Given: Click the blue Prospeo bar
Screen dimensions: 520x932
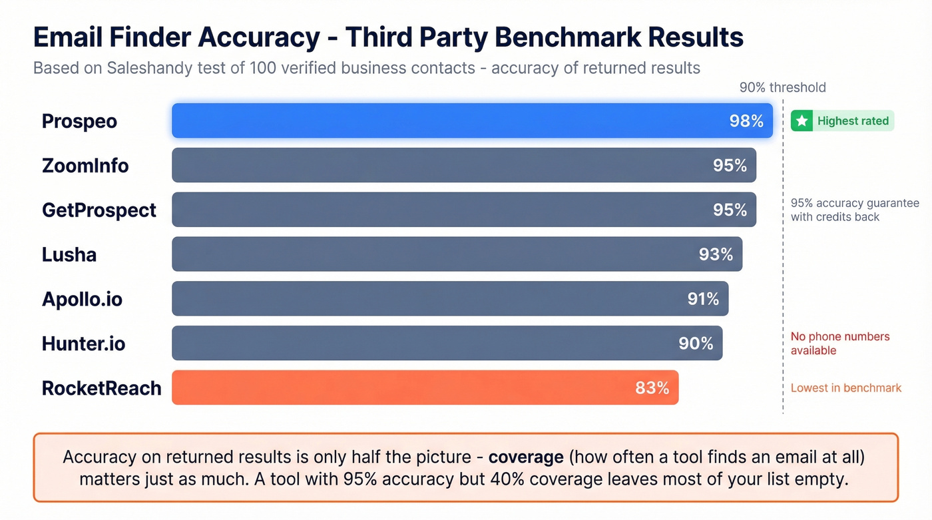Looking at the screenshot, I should [453, 121].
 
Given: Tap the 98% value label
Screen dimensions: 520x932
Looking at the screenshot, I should [746, 121].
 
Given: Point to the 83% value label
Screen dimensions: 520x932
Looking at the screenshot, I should [652, 388].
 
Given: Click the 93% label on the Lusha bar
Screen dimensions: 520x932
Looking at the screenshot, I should [716, 254].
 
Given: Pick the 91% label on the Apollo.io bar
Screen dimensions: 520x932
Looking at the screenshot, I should [703, 299].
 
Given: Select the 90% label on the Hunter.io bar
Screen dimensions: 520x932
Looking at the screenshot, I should [696, 344].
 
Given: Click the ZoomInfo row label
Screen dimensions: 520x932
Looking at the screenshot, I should [85, 165].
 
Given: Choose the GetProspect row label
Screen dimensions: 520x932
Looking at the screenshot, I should [99, 210].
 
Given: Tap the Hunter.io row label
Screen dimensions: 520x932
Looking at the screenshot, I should [83, 344].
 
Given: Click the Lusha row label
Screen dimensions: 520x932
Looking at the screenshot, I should [69, 254].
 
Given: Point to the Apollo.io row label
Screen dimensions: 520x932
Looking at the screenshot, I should [82, 299].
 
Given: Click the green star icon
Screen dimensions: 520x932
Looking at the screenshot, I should [802, 121].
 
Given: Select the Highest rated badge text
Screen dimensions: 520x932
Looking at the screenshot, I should [853, 121].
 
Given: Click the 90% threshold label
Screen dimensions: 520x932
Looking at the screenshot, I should [782, 87].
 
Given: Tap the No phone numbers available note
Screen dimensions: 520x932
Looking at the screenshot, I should [839, 344].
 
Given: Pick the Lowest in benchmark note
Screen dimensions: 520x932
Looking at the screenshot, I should [845, 388].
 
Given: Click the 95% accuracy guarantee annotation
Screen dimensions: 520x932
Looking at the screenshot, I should [854, 210].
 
